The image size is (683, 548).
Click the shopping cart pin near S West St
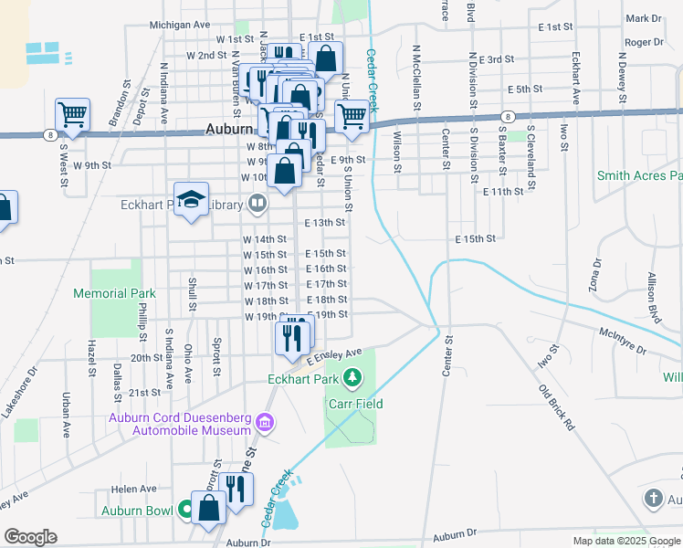pos(72,116)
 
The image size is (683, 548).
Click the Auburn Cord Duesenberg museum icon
pos(265,423)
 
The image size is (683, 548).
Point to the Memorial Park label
pos(115,294)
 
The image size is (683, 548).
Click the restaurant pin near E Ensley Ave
pos(294,338)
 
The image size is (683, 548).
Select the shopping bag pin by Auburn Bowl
pos(209,509)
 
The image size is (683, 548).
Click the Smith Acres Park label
pos(639,175)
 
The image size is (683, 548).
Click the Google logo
pos(31,537)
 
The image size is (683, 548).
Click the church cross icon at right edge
pos(653,499)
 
